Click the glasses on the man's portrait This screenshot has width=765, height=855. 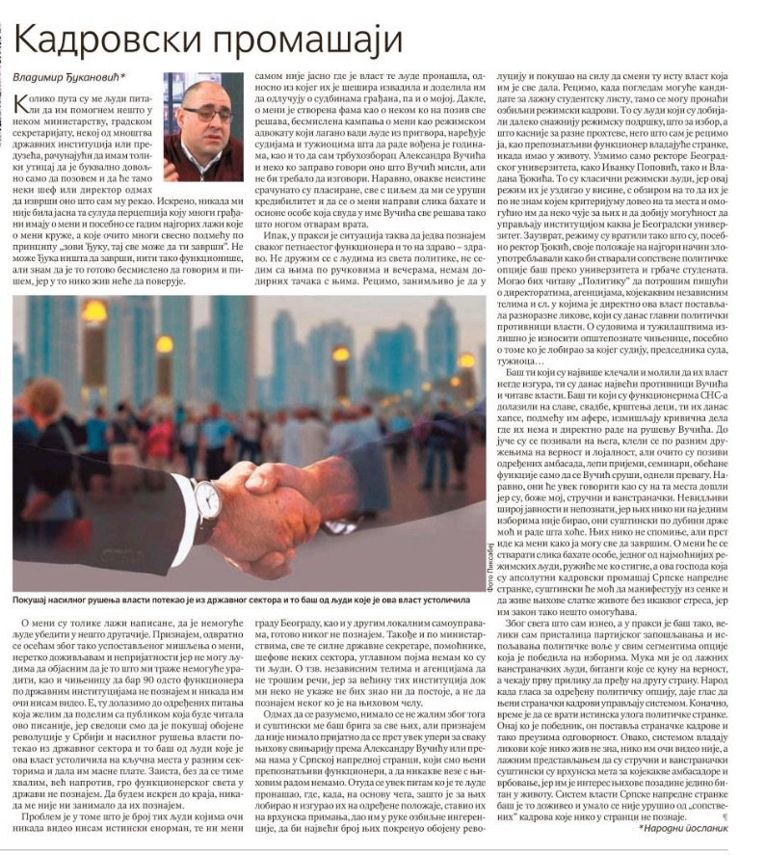(206, 112)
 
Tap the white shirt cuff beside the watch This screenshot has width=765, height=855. (183, 506)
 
